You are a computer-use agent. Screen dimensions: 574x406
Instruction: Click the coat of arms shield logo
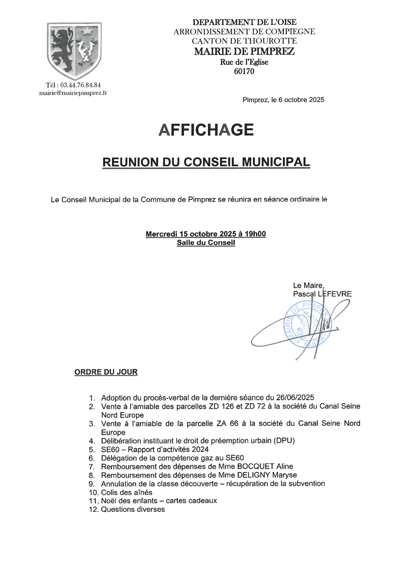pos(74,51)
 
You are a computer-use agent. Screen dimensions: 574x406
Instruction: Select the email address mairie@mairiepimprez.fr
pos(73,93)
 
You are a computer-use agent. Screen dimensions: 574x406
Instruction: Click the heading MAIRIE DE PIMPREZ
pos(244,51)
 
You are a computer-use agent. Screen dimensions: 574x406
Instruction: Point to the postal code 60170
pos(244,71)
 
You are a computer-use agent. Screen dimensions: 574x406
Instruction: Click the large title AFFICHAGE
pos(206,130)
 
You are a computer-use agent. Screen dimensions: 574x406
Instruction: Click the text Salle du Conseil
pos(206,243)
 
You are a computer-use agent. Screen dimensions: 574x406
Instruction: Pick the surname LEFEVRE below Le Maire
pos(335,294)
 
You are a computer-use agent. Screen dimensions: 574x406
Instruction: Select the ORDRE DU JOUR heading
pos(106,372)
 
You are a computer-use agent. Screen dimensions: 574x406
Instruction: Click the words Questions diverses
pos(133,509)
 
